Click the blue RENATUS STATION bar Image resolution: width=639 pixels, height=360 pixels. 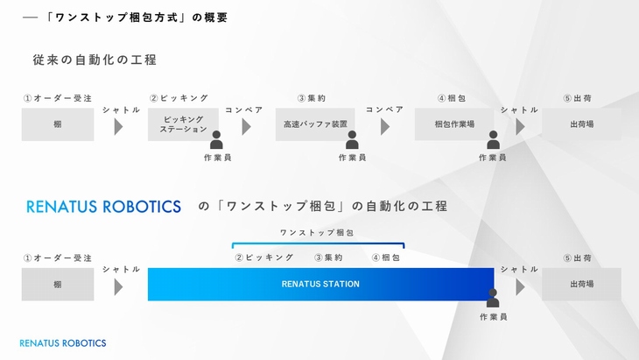(320, 284)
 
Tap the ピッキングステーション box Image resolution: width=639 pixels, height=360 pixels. (183, 124)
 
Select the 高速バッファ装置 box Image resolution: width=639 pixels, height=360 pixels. (315, 124)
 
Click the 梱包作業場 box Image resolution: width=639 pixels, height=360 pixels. (454, 124)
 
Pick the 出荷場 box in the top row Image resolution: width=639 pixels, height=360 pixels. (581, 124)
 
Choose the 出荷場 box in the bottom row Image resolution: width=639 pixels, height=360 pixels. (581, 284)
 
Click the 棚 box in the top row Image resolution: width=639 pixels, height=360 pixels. (58, 124)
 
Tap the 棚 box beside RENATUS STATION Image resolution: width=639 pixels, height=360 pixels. (58, 284)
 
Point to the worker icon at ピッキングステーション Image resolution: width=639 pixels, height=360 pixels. (216, 140)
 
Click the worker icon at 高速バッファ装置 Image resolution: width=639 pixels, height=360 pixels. (352, 140)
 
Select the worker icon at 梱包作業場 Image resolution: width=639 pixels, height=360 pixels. (493, 140)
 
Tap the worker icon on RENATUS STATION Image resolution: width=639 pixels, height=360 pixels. (493, 298)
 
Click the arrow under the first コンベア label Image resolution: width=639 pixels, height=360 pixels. (246, 127)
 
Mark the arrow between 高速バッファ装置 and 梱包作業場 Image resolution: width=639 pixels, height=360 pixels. (385, 127)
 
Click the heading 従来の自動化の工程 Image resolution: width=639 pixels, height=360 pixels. (95, 60)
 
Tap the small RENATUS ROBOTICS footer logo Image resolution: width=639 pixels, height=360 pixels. (63, 343)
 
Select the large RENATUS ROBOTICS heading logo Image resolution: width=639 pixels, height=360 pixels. (103, 207)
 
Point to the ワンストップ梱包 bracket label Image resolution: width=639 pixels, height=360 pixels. (317, 233)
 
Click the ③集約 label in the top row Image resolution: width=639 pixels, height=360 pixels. (312, 98)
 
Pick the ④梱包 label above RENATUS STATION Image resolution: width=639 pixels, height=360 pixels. (386, 258)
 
